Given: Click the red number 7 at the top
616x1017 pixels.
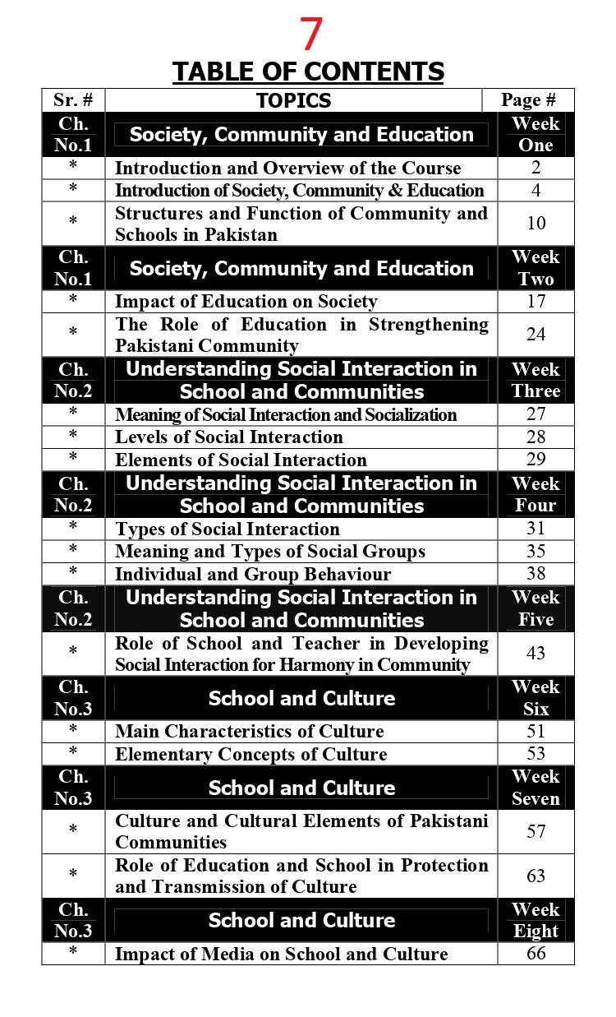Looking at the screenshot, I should tap(310, 35).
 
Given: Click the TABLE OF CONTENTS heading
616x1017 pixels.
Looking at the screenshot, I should tap(308, 72).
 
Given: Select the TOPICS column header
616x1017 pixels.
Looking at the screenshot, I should tap(293, 100).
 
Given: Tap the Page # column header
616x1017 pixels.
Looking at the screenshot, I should tap(528, 100).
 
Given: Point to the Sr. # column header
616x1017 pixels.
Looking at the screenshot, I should tap(73, 100).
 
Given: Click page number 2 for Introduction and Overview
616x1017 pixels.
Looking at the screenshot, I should tap(536, 168).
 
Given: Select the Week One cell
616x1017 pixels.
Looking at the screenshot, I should tap(536, 135).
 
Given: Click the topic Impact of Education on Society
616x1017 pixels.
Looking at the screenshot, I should tap(246, 302).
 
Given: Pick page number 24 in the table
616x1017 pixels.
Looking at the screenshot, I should tap(536, 335).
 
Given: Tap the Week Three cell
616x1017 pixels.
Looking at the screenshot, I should tap(536, 380).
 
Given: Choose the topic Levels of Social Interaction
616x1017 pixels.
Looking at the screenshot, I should tap(229, 437).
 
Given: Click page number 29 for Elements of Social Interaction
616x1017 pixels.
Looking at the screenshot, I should tap(536, 460).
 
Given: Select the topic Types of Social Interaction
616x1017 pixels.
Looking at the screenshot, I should tap(228, 529).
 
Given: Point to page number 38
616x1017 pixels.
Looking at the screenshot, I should tap(536, 574).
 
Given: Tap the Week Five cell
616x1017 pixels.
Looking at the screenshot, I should tap(536, 608).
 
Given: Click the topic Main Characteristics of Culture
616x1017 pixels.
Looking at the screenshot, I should tap(250, 731).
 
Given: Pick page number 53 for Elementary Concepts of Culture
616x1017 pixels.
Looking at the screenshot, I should tap(536, 754).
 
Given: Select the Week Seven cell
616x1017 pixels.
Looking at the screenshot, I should tap(536, 788).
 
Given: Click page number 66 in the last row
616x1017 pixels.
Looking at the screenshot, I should tap(536, 954).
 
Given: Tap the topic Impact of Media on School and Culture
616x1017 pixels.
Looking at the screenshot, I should tap(282, 954).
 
